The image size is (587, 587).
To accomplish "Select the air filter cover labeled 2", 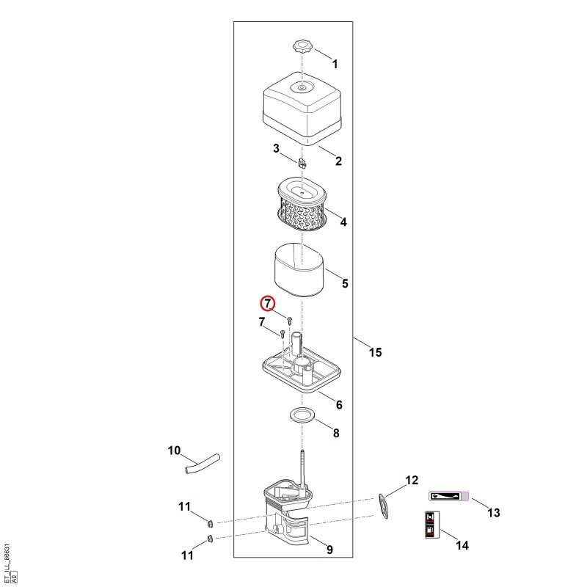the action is click(302, 109).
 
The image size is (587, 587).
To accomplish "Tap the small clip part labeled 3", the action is click(302, 164).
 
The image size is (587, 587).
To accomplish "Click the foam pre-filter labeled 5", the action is click(299, 270).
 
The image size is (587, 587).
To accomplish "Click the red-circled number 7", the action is click(268, 303).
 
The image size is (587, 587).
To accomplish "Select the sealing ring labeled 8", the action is click(302, 415).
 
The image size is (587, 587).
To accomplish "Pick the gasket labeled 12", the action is click(383, 506).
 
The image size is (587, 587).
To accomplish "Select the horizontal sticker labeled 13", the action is click(448, 497).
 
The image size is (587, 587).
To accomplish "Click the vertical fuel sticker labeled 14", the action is click(432, 525).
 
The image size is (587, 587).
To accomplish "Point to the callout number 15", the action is click(375, 352).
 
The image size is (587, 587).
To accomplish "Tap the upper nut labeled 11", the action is click(211, 522).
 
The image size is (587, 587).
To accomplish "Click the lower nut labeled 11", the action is click(210, 539).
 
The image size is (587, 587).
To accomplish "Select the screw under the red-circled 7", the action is click(289, 320).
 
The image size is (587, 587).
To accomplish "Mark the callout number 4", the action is click(343, 222).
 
